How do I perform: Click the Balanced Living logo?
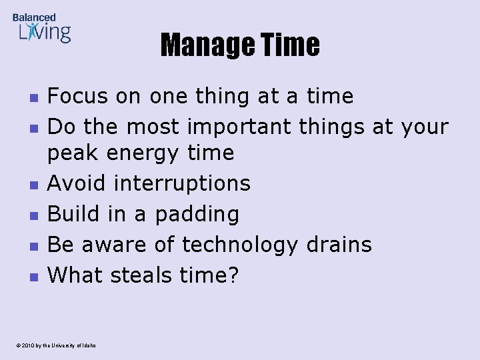coord(41,28)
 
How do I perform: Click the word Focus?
coord(77,96)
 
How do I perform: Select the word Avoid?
coord(75,183)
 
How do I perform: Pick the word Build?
coord(74,214)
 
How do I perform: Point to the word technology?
coord(240,245)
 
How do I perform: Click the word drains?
coord(339,245)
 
